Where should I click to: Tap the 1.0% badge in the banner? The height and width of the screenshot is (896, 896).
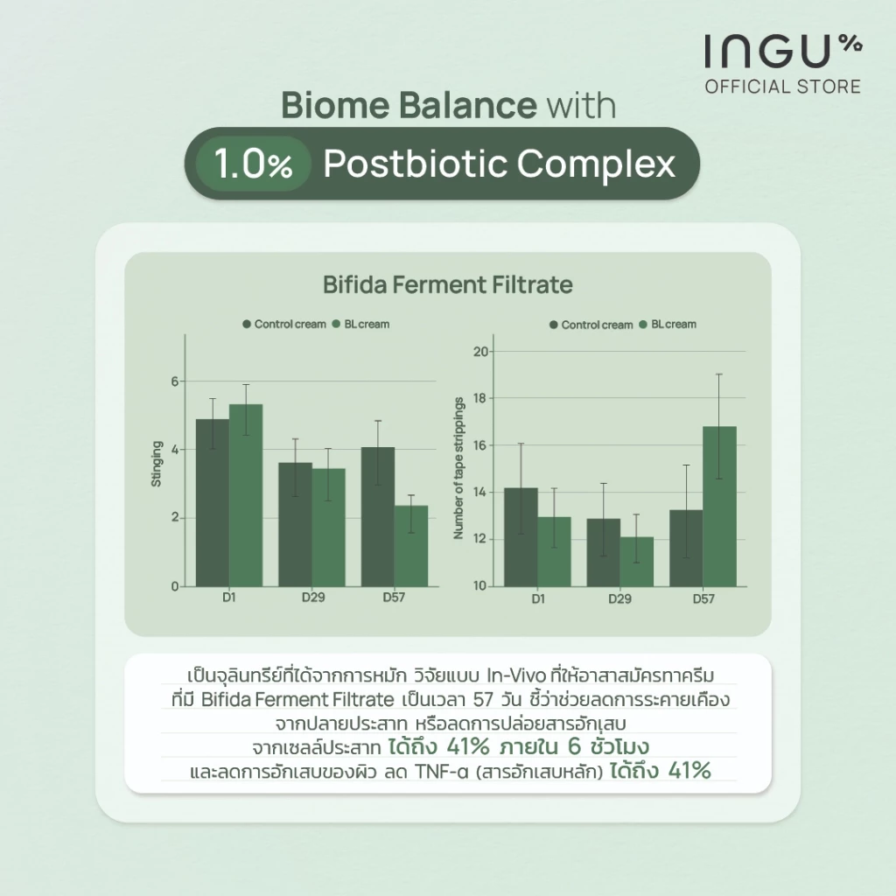coord(253,164)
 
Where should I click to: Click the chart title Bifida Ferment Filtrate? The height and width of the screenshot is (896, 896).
coord(447,284)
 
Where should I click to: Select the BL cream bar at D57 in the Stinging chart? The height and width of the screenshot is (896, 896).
coord(411,546)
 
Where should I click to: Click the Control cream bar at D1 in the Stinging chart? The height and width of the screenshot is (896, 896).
coord(213,503)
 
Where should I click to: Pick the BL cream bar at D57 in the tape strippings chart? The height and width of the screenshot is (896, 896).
coord(719,507)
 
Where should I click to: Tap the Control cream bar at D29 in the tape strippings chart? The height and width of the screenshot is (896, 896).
coord(604,553)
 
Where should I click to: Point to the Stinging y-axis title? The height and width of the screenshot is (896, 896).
coord(156,464)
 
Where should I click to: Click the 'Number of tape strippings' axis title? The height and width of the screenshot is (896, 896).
coord(458,468)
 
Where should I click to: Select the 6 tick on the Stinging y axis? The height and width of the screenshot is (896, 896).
coord(175,381)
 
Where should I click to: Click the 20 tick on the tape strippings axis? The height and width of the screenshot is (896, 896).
coord(480,352)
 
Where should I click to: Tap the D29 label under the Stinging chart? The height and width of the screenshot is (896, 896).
coord(313,597)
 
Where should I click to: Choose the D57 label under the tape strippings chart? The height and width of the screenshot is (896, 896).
coord(703,598)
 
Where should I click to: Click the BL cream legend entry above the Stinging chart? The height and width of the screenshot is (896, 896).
coord(361,324)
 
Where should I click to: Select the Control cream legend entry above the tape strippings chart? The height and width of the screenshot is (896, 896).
coord(591,325)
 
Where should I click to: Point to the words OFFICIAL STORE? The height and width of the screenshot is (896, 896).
coord(783,87)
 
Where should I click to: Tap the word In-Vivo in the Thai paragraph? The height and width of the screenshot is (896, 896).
coord(516,675)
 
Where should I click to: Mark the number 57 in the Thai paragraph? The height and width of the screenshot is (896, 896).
coord(483,699)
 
